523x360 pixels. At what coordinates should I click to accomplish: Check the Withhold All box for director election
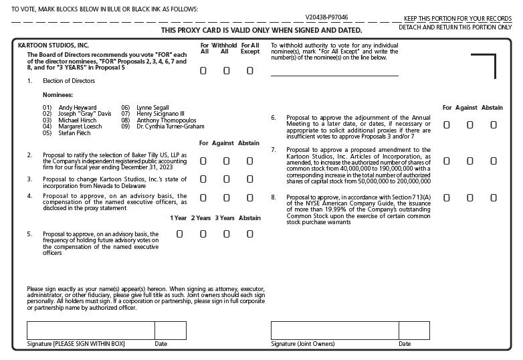click(x=227, y=71)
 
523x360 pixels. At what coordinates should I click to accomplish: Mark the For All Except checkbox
click(x=250, y=71)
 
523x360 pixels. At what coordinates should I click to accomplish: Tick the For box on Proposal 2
click(x=203, y=161)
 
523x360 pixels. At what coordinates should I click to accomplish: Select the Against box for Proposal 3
click(x=227, y=179)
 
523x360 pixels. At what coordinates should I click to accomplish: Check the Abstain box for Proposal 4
click(x=250, y=198)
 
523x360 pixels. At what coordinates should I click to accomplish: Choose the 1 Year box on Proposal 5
click(x=179, y=234)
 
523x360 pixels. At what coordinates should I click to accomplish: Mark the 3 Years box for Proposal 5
click(x=227, y=234)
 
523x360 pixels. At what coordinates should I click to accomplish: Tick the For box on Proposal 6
click(x=447, y=124)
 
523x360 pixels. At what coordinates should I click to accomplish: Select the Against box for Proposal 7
click(x=470, y=161)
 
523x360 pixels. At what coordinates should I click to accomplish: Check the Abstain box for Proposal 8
click(x=494, y=198)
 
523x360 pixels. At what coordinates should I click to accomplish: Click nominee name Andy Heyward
click(x=77, y=108)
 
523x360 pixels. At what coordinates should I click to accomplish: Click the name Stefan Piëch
click(x=75, y=132)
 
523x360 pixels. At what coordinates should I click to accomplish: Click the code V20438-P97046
click(x=326, y=17)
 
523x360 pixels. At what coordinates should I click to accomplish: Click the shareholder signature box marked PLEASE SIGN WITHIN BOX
click(x=90, y=331)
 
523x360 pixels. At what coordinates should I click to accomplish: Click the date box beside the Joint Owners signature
click(x=414, y=331)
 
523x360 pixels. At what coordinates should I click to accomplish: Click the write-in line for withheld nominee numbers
click(x=334, y=74)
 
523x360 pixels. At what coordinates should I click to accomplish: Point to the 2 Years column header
click(x=201, y=218)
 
